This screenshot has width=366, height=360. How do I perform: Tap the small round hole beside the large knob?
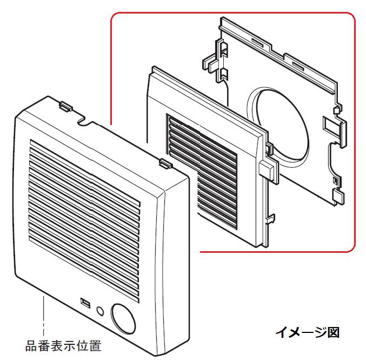(99, 311)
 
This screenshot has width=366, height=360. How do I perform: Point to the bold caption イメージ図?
(307, 332)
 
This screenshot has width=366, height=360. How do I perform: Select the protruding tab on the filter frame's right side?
(267, 169)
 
